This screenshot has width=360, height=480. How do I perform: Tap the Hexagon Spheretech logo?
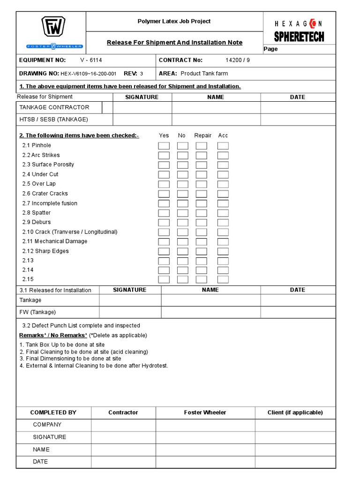(299, 31)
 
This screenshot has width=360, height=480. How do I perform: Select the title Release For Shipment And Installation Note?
(174, 43)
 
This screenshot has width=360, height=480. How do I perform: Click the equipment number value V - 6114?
(91, 60)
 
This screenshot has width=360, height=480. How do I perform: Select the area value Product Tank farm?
(204, 74)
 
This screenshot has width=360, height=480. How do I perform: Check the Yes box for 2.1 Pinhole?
(164, 146)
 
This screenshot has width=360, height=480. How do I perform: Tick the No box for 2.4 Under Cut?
(182, 174)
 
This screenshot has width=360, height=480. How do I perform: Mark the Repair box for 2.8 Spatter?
(202, 213)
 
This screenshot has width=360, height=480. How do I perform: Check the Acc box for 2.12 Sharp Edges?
(223, 251)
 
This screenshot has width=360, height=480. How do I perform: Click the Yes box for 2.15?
(164, 279)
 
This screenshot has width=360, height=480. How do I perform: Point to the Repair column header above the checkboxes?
(203, 135)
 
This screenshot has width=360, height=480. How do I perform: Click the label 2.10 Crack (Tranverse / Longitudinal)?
(70, 232)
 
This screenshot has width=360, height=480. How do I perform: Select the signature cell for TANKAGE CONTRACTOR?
(142, 107)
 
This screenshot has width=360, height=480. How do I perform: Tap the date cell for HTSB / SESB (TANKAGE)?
(298, 120)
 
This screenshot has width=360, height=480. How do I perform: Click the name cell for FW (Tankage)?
(210, 312)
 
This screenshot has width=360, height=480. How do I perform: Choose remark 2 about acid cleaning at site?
(84, 352)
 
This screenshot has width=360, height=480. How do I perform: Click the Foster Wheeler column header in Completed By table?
(205, 412)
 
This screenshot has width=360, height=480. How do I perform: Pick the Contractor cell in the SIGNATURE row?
(123, 437)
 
